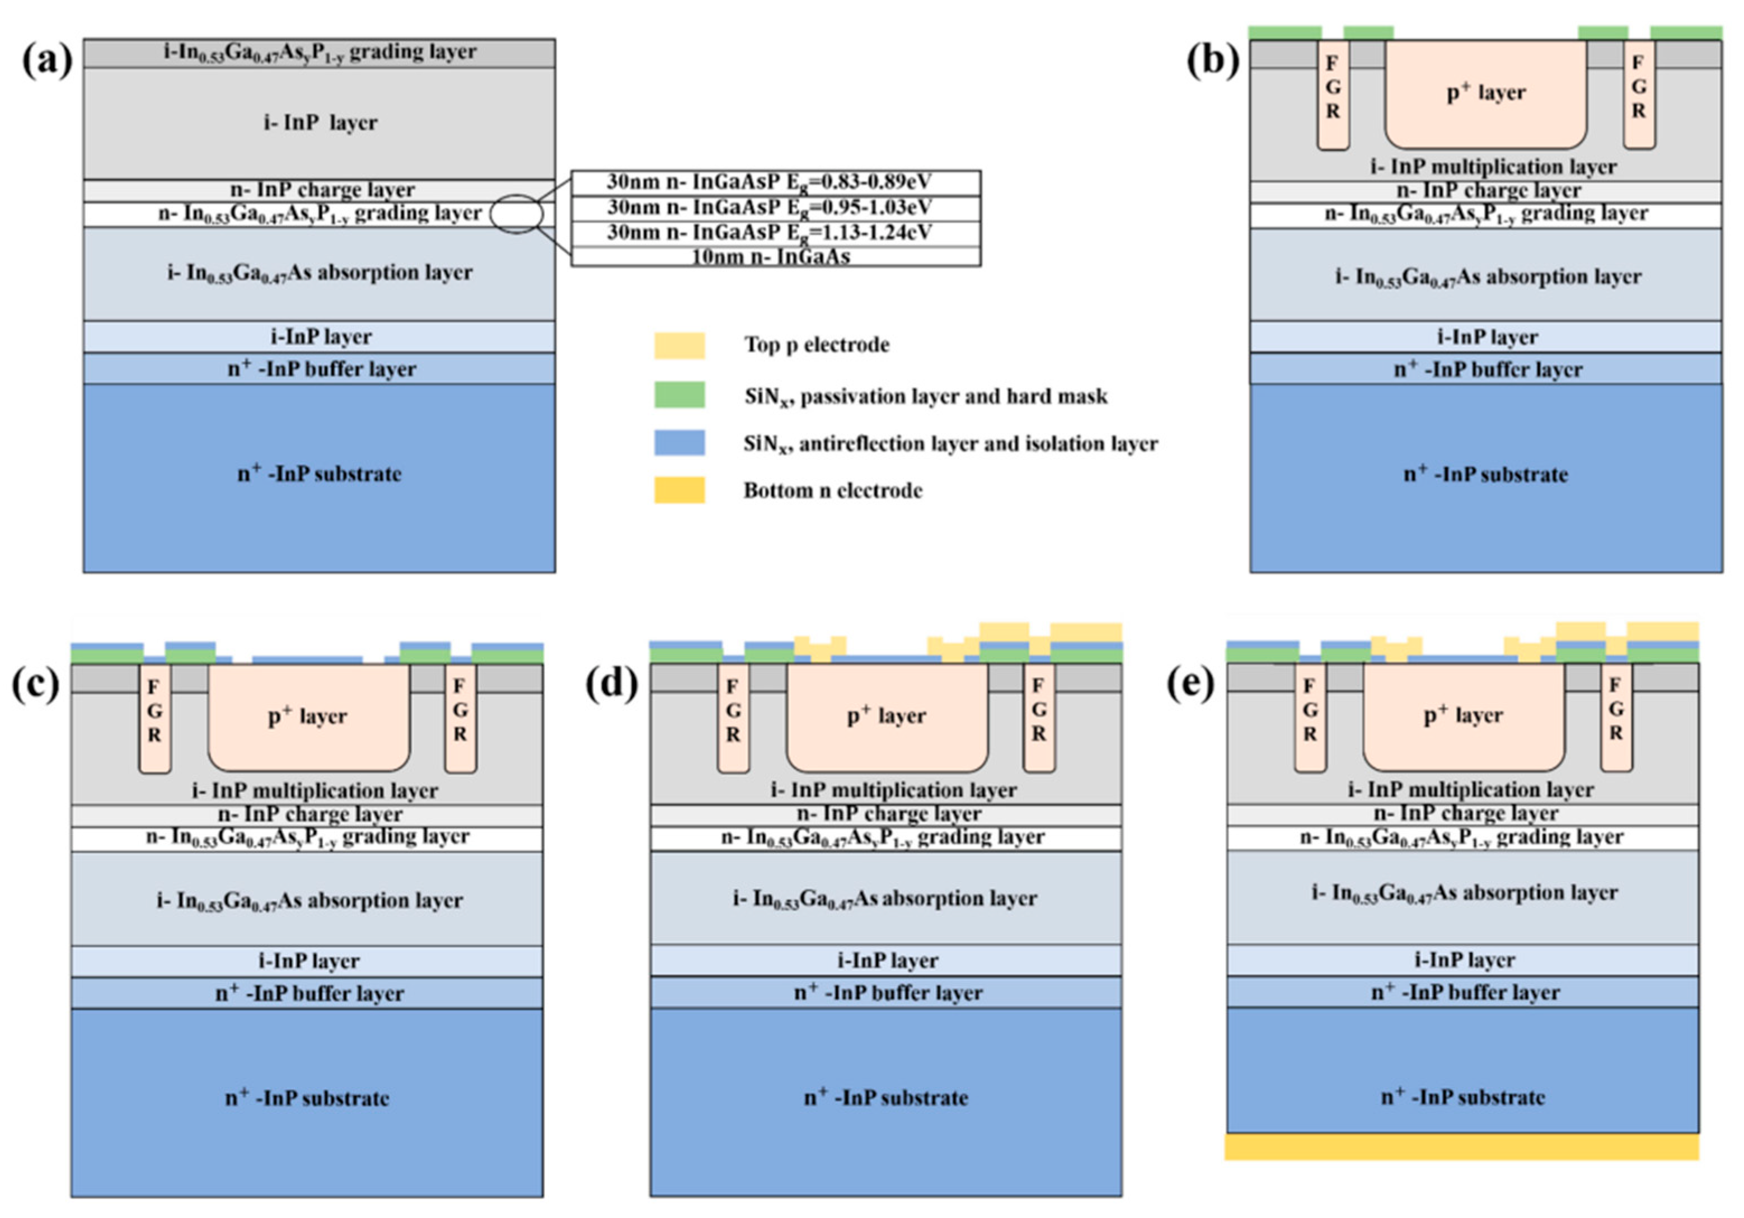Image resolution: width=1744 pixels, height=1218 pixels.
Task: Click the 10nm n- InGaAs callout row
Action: tap(775, 257)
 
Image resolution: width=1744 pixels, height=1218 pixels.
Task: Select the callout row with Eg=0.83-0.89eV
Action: tap(775, 183)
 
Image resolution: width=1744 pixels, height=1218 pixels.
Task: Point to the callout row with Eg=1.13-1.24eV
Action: tap(775, 232)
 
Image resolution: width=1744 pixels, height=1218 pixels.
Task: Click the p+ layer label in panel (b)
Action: tap(1485, 93)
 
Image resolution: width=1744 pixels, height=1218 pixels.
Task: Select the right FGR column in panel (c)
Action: tap(460, 713)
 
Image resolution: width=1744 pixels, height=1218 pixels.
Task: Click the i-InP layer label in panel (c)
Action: tap(308, 961)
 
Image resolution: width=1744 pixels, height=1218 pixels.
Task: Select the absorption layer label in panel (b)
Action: tap(1487, 276)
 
